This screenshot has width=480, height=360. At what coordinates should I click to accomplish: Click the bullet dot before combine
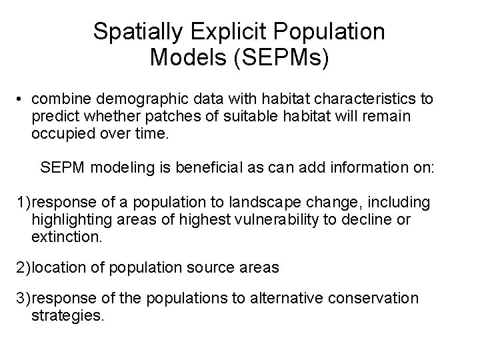22,99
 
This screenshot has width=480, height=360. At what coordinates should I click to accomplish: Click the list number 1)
23,202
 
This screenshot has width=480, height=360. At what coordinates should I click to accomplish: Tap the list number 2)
23,267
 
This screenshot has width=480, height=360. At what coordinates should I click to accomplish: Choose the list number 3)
23,298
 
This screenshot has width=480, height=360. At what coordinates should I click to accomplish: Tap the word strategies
67,315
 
